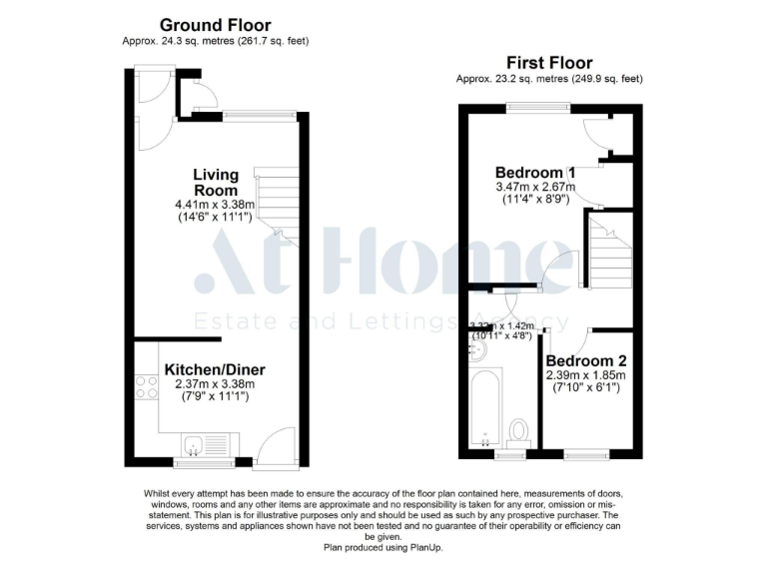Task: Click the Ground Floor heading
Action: click(215, 25)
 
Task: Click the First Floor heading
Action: click(548, 62)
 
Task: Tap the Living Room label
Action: click(216, 183)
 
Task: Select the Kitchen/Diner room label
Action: click(215, 369)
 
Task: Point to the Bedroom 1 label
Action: click(534, 171)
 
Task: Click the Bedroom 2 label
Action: click(586, 360)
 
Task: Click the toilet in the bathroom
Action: click(518, 430)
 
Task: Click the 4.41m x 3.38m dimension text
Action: click(215, 205)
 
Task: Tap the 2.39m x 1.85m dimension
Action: click(586, 375)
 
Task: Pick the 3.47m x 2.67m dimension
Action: click(535, 186)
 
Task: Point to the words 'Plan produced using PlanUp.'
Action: click(383, 548)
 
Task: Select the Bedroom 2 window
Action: click(586, 455)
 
